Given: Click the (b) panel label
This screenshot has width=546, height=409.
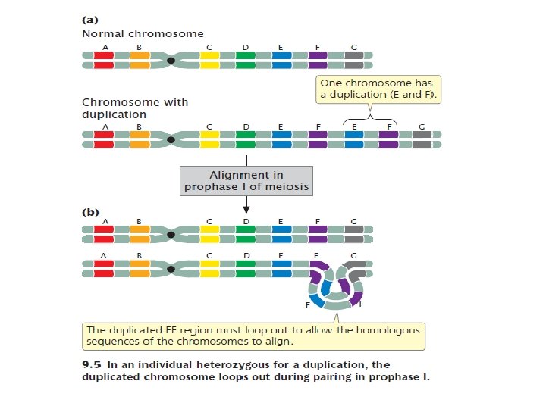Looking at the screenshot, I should point(89,213).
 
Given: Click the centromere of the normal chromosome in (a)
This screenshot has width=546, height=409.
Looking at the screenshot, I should point(172,60).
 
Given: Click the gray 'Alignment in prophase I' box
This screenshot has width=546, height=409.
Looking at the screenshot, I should point(246,180).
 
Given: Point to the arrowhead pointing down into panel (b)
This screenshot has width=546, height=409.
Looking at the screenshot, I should point(246,209).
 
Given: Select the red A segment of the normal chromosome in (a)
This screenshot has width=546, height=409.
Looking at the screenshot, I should point(104,60).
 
